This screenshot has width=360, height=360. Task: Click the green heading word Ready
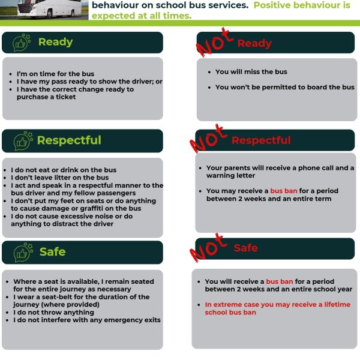point(55,42)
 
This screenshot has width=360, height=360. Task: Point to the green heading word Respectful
point(69,140)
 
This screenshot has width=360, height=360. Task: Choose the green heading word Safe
point(52,252)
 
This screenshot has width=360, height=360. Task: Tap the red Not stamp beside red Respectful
point(208,140)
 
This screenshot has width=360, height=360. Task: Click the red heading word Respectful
point(261,140)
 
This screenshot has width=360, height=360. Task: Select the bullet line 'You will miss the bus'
point(251,72)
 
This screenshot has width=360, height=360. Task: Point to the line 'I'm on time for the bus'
point(55,74)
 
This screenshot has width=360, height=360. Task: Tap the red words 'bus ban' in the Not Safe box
point(280,281)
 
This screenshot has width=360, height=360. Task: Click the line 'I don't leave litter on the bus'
point(59,178)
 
